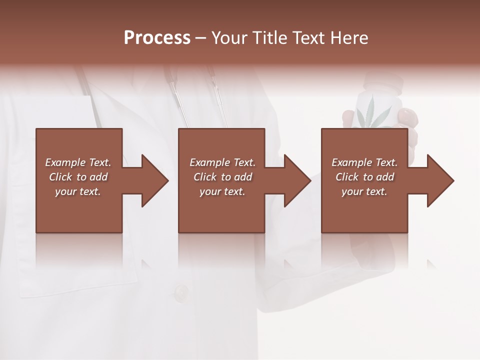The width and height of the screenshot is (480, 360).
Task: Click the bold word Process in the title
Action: click(x=157, y=38)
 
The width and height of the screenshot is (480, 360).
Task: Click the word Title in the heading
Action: click(x=270, y=38)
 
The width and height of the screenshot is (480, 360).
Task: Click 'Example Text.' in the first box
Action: click(x=78, y=162)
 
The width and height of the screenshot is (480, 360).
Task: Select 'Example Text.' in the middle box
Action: click(x=222, y=162)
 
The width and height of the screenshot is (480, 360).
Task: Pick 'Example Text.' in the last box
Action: click(x=364, y=162)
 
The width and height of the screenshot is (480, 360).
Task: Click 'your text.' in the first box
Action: click(x=78, y=191)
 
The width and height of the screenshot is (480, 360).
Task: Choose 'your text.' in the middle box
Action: click(x=222, y=191)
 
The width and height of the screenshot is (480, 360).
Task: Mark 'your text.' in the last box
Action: click(x=364, y=191)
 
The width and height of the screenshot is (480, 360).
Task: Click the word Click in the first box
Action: click(x=60, y=177)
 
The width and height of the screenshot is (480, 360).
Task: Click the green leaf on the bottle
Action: click(x=370, y=113)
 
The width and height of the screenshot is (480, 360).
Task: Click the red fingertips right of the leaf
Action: click(x=408, y=118)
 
